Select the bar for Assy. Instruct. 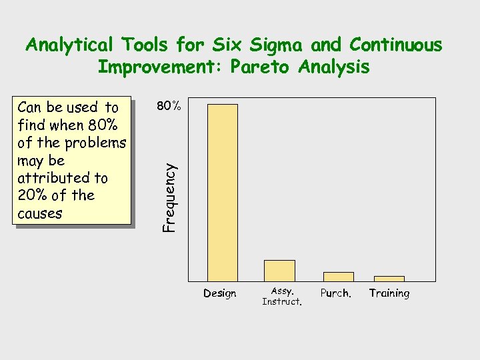pos(279,271)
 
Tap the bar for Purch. pos(338,277)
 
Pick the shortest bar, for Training pos(389,279)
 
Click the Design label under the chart pos(220,293)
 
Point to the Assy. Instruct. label pos(282,297)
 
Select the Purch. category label pos(336,293)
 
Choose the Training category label pos(389,293)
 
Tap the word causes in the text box pos(40,213)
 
